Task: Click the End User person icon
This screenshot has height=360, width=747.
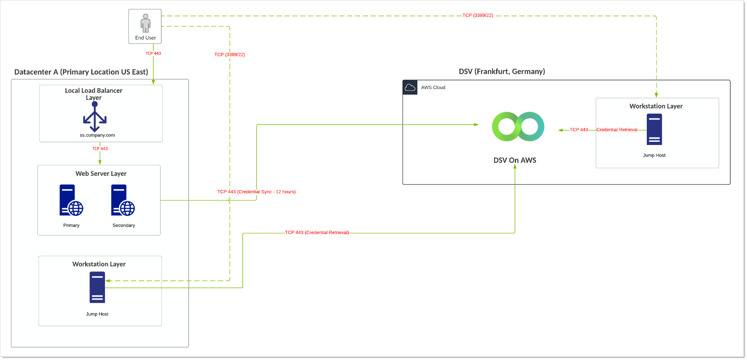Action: [145, 23]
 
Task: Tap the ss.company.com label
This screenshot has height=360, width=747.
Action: [97, 135]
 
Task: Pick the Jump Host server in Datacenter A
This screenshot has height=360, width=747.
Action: [97, 287]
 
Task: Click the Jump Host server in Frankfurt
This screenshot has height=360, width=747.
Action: [654, 129]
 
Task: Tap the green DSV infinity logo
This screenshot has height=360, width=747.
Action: [518, 127]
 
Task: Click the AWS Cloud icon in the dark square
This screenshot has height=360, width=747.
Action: [410, 87]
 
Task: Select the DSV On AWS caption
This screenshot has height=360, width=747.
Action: [514, 160]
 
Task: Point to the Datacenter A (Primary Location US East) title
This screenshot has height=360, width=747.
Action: [81, 72]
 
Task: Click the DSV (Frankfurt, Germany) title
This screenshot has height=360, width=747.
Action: [502, 71]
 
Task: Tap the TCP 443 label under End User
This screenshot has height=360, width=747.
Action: [153, 53]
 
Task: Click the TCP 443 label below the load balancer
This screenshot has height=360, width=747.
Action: [100, 149]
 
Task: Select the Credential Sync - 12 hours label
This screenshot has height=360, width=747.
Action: [256, 192]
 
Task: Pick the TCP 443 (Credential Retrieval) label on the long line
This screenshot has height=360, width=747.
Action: [317, 233]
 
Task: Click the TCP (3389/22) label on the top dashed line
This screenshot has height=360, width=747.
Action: [478, 15]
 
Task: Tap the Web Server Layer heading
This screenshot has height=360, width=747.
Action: [101, 174]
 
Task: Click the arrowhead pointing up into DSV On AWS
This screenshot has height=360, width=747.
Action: [515, 167]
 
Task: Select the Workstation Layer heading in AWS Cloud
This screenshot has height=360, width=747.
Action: [656, 106]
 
